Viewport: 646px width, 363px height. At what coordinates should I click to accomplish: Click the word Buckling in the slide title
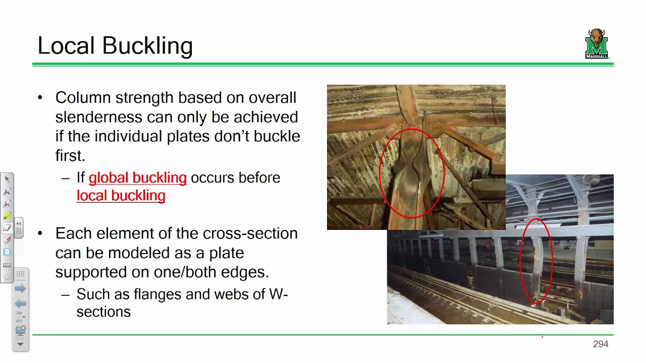147,46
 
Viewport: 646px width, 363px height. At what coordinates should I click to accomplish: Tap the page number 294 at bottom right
601,344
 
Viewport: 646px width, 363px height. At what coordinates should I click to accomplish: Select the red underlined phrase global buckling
137,177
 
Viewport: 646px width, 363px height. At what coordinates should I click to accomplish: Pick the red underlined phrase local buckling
121,196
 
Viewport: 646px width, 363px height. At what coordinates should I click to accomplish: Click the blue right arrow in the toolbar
20,288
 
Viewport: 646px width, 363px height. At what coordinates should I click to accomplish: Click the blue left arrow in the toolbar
20,304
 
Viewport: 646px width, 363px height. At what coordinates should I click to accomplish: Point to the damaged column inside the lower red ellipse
536,262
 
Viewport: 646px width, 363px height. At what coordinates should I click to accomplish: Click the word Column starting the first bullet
83,97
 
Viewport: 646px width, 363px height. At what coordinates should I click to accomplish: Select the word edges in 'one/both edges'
246,272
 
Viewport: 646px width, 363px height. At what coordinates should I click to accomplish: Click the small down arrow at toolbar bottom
20,344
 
